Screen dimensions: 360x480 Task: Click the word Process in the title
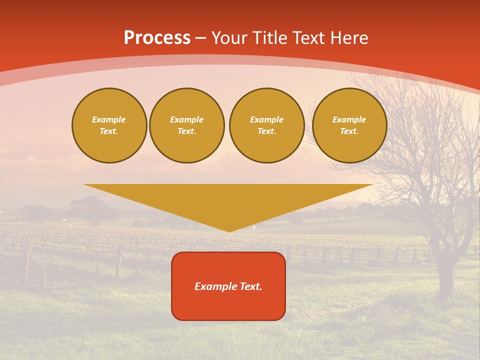click(x=157, y=38)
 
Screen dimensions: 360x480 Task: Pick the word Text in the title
click(x=310, y=38)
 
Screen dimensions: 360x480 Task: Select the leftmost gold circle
click(x=109, y=125)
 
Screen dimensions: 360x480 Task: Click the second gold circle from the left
click(x=187, y=125)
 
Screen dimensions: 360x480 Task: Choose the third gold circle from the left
click(x=267, y=125)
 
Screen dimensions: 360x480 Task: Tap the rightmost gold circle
click(x=349, y=125)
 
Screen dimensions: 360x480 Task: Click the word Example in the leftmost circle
click(x=109, y=119)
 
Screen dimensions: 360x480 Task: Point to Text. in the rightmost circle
click(x=349, y=131)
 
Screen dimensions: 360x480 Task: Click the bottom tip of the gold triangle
click(x=229, y=231)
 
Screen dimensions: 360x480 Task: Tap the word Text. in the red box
click(x=250, y=286)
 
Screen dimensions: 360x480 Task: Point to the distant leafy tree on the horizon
click(x=89, y=209)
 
